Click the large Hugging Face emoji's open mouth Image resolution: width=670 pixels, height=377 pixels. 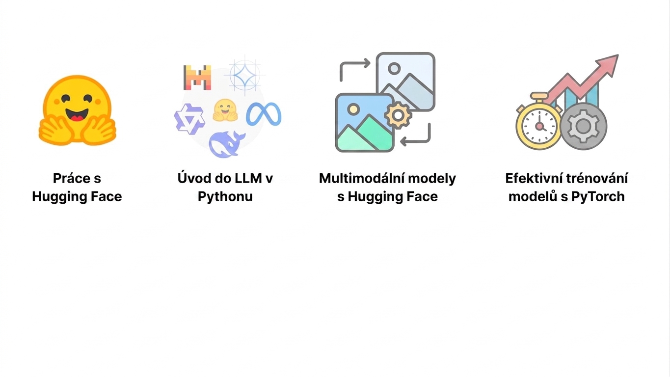[77, 114]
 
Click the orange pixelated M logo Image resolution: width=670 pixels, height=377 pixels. [197, 78]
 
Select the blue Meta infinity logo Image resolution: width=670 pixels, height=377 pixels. [264, 114]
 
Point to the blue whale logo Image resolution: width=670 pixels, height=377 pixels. [227, 144]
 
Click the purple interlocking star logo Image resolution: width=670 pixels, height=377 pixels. [189, 119]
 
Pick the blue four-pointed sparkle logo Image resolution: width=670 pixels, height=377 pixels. [244, 75]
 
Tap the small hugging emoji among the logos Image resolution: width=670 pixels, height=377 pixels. [225, 110]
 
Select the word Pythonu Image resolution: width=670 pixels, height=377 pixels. [225, 197]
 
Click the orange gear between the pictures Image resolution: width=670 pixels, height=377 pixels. [398, 115]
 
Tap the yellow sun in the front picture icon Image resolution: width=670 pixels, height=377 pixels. [353, 109]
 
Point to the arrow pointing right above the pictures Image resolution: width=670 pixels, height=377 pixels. [355, 63]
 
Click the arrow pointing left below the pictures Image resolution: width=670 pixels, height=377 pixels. [416, 140]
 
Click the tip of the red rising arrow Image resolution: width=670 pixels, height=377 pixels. [618, 55]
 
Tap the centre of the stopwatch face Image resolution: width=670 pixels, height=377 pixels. [539, 126]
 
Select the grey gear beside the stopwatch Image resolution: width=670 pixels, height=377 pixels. [583, 126]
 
